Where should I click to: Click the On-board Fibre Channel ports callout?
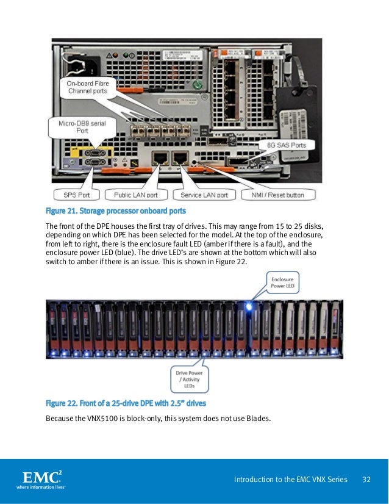point(87,87)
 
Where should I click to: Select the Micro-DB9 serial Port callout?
point(82,127)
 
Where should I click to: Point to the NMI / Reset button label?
point(278,195)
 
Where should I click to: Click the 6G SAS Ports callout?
point(287,145)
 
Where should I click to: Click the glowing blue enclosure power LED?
point(249,303)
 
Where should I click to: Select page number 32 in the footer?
point(367,480)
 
